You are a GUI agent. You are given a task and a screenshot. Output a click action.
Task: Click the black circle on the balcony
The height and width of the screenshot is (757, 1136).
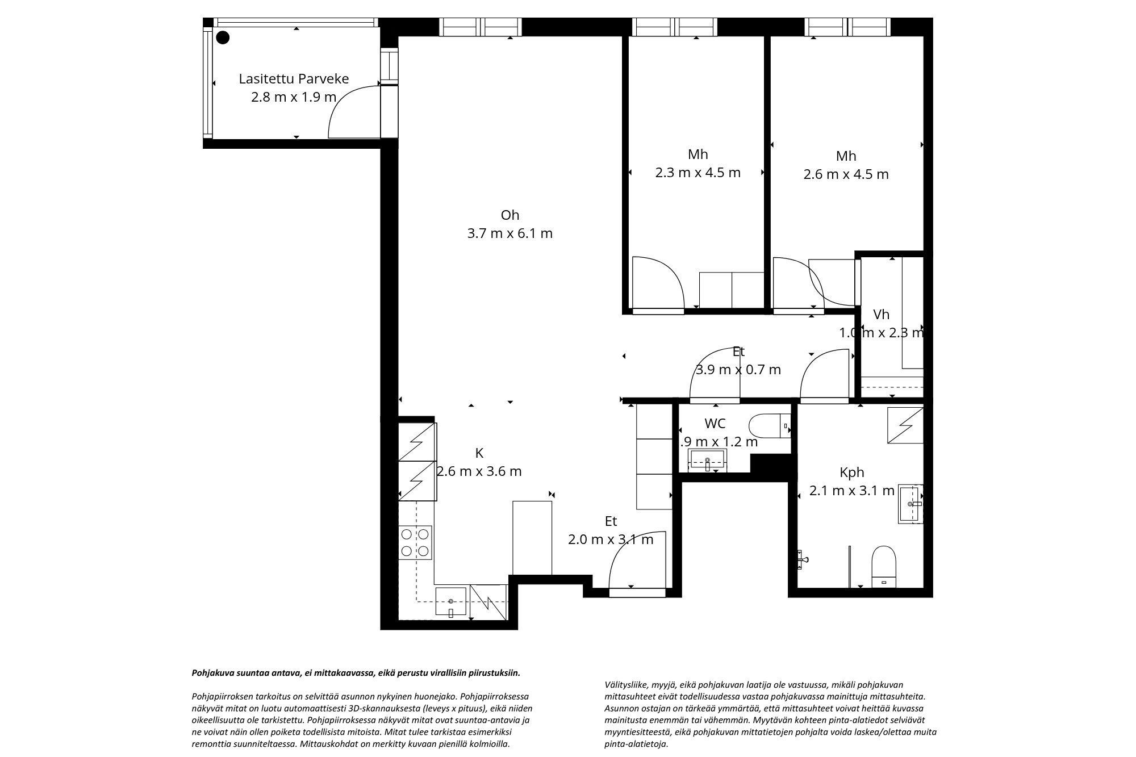(223, 37)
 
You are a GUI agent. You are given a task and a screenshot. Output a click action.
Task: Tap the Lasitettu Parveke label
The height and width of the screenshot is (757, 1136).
(294, 79)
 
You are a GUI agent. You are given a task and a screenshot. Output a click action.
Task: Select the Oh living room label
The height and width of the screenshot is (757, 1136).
(510, 215)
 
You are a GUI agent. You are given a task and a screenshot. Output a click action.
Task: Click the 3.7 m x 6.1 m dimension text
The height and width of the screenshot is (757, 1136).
(510, 233)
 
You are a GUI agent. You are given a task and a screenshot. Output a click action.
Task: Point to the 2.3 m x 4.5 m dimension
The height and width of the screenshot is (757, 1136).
(698, 173)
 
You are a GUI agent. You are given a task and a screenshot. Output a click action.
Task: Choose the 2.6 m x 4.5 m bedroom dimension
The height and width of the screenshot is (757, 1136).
(846, 174)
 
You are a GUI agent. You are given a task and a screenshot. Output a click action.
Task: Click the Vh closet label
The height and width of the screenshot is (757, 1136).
(881, 315)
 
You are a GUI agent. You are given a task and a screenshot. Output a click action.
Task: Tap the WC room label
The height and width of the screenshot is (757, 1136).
(715, 424)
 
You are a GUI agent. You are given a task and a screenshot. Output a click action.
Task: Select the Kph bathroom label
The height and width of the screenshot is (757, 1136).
(852, 472)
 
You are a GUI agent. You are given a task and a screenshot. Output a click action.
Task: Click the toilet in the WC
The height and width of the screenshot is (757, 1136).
(770, 426)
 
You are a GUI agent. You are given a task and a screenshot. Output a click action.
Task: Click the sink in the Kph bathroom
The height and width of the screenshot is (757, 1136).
(911, 504)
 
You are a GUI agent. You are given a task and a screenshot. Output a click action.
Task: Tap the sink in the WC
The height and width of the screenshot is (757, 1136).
(707, 460)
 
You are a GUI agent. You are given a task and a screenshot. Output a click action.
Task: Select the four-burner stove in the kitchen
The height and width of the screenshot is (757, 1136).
(415, 542)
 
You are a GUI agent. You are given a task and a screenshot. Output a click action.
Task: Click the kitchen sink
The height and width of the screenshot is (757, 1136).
(451, 602)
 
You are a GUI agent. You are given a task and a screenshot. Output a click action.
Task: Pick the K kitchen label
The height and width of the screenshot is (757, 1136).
(479, 453)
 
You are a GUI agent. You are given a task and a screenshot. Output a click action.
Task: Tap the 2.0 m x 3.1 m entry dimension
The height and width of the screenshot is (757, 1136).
(611, 539)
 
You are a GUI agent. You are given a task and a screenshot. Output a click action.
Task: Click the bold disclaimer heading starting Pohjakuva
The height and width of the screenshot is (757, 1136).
(356, 673)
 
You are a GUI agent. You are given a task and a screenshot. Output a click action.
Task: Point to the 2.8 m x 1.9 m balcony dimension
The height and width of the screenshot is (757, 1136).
(294, 97)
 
